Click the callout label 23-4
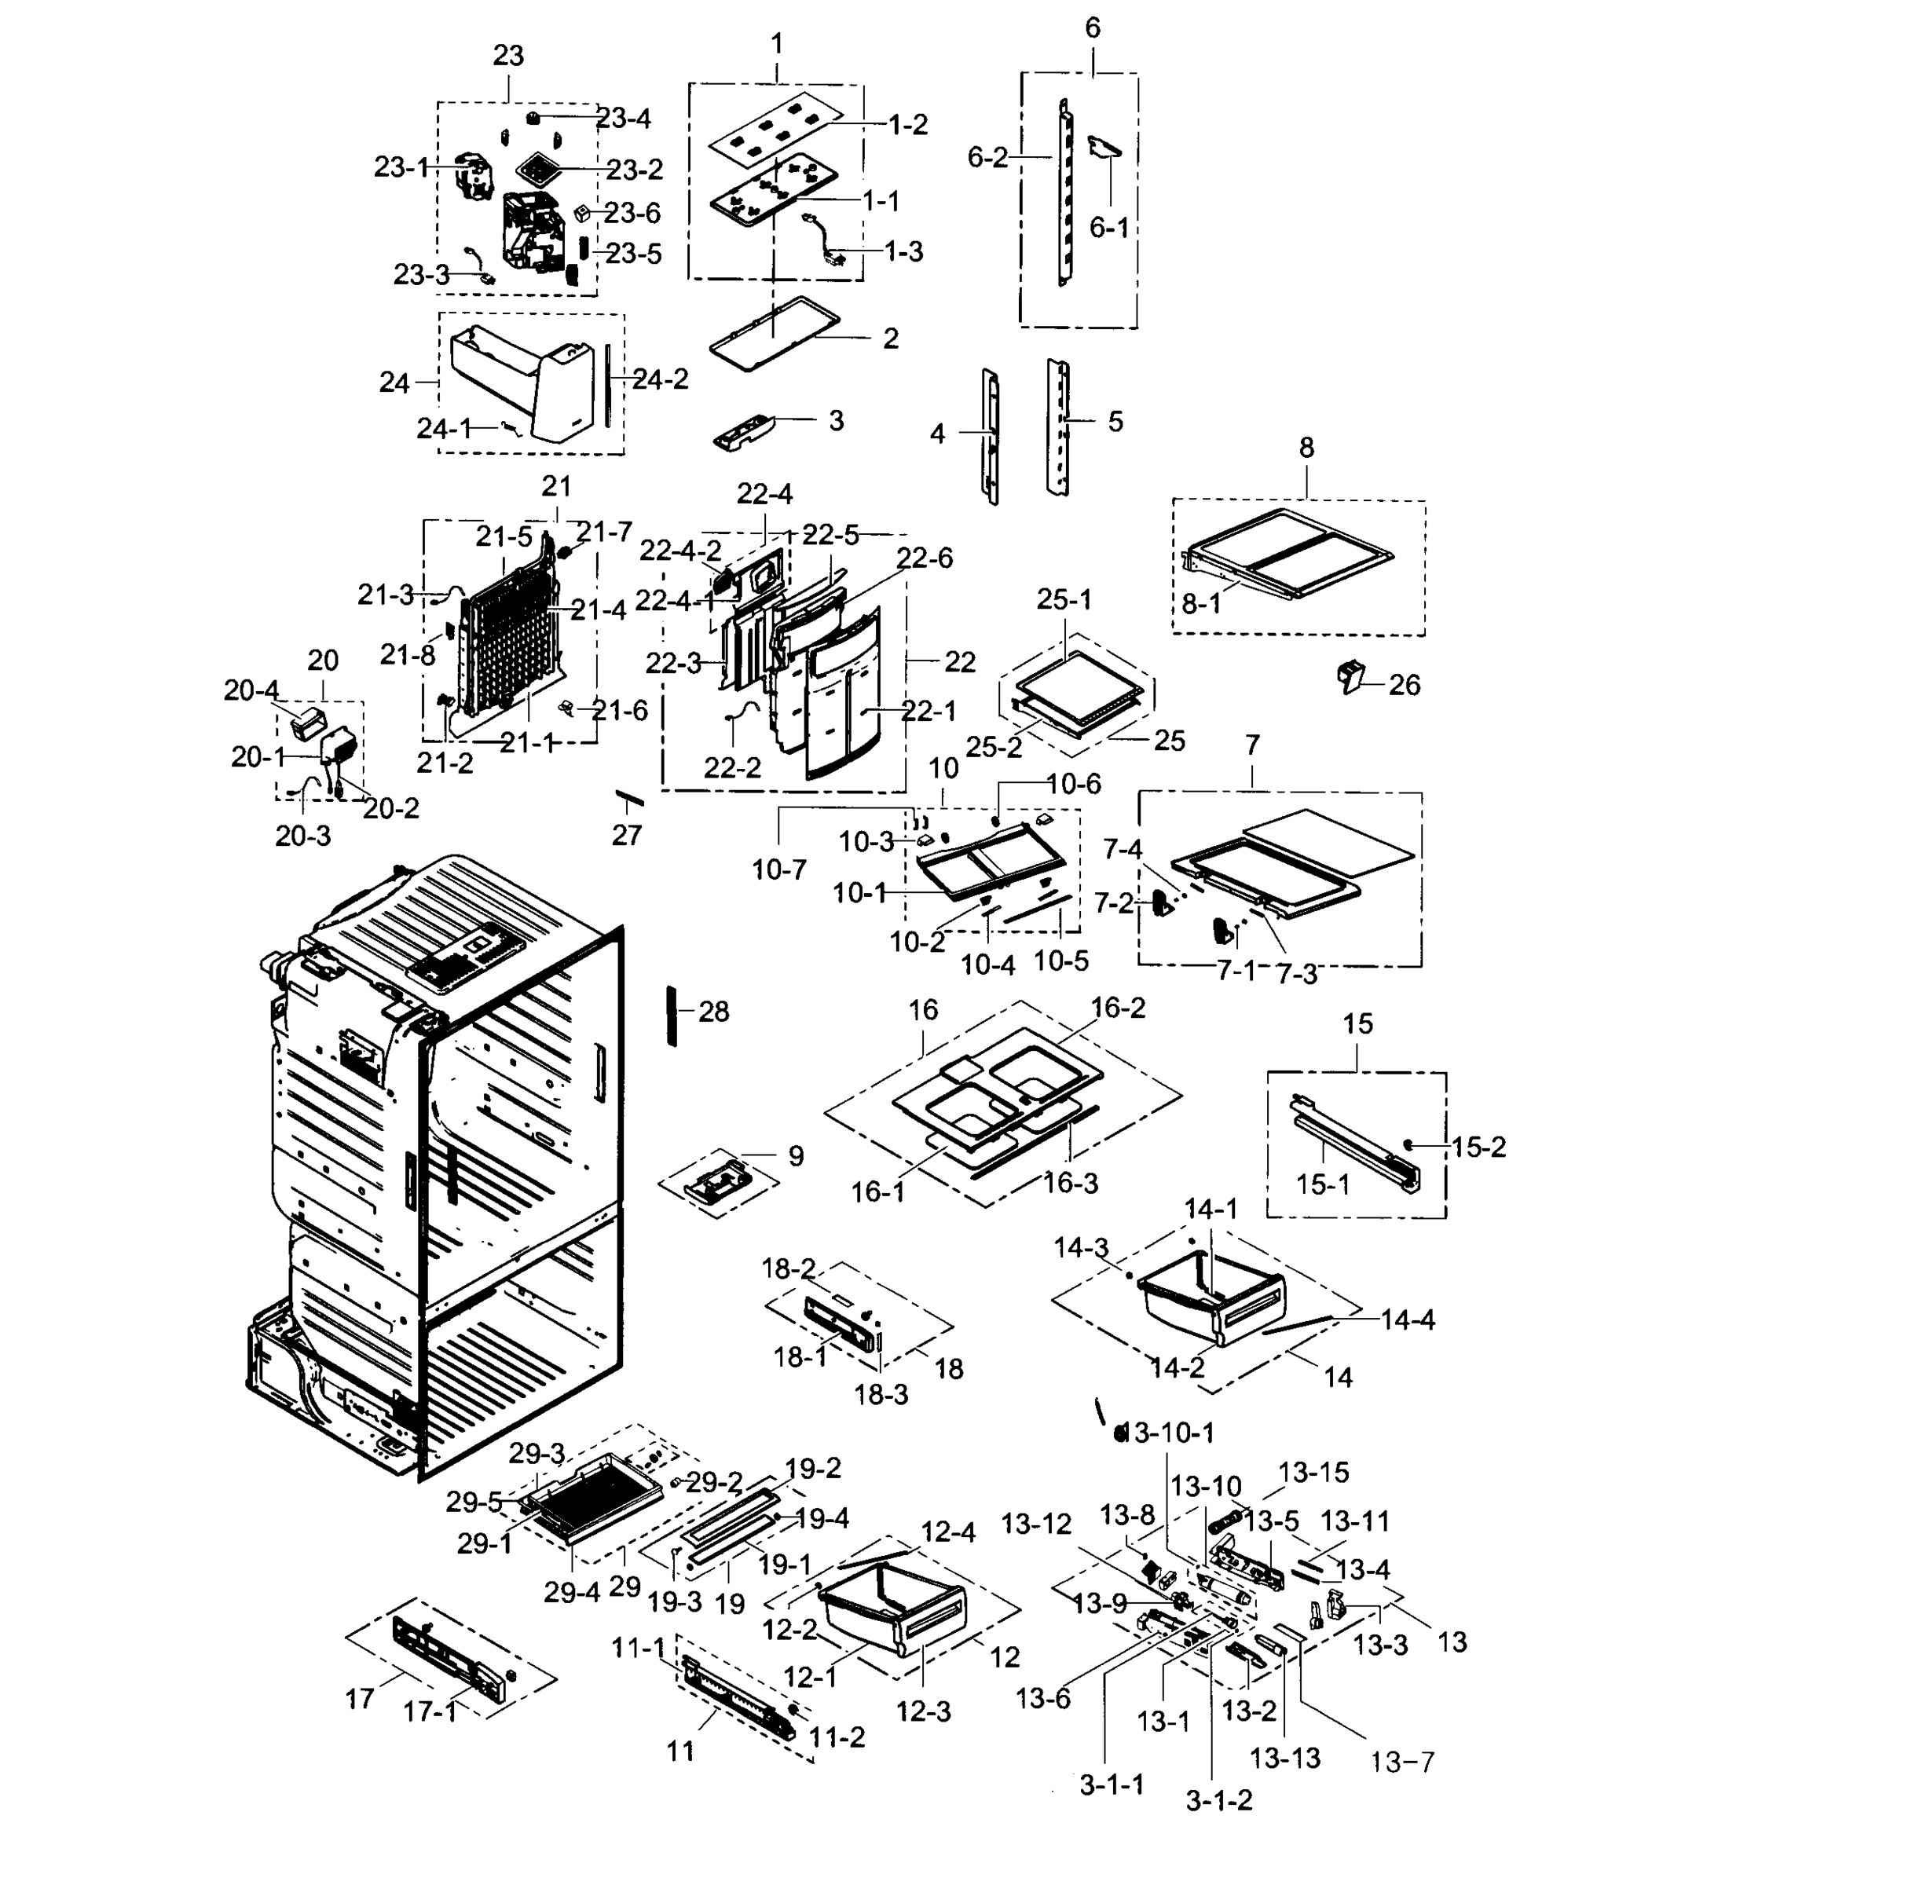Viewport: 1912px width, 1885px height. coord(624,119)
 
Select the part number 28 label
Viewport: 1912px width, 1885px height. coord(713,1012)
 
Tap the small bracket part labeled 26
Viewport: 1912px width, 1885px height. coord(1350,678)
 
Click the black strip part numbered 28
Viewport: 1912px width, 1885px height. coord(672,1016)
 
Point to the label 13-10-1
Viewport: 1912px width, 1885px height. coord(1172,1433)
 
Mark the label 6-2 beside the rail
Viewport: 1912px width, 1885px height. coord(987,157)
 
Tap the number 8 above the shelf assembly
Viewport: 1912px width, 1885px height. coord(1306,448)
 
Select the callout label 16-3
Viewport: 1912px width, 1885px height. coord(1071,1183)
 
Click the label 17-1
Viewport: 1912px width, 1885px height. coord(430,1711)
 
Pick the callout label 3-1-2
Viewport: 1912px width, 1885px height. coord(1218,1800)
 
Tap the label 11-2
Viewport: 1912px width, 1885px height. coord(837,1737)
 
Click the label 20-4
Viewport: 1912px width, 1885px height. coord(251,690)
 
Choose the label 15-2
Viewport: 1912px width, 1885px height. coord(1478,1147)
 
